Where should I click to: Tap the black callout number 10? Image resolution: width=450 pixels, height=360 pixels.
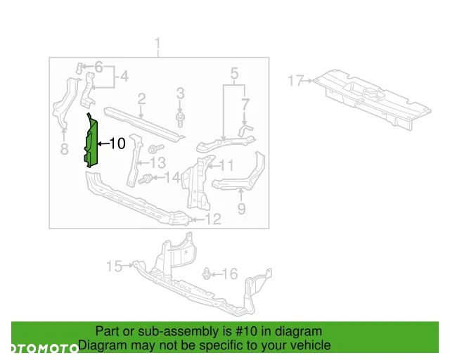tap(117, 143)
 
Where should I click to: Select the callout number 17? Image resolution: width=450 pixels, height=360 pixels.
tap(296, 80)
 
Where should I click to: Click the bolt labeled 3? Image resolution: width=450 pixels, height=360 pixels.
tap(180, 119)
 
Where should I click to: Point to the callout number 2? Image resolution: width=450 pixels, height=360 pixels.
tap(141, 99)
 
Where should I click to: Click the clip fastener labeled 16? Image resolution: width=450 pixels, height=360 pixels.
tap(206, 274)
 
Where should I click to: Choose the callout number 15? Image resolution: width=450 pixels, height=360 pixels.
tap(114, 266)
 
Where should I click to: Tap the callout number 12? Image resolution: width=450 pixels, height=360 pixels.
tap(213, 219)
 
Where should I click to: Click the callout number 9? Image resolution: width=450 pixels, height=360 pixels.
tap(242, 208)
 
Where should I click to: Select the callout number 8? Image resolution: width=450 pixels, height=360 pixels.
tap(64, 149)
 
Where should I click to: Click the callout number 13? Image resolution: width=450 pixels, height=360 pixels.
tap(157, 163)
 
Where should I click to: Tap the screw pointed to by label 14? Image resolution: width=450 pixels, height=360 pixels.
tap(145, 180)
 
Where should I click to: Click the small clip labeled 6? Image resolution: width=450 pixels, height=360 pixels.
tap(79, 67)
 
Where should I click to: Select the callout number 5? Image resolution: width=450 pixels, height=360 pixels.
tap(234, 74)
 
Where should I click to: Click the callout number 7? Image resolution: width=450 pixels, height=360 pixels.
tap(245, 105)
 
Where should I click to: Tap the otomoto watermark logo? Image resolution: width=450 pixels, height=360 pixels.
tap(44, 348)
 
